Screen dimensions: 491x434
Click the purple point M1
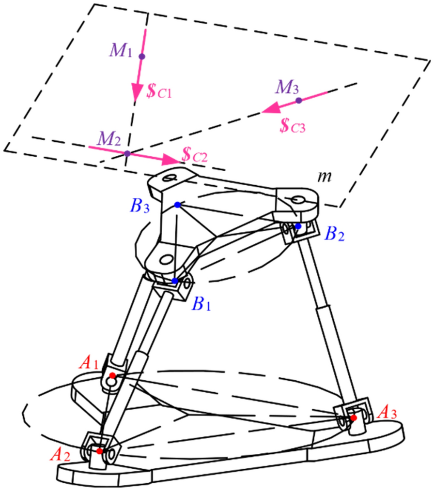coord(142,57)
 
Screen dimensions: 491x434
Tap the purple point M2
coord(127,153)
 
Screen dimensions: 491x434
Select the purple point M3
coord(299,100)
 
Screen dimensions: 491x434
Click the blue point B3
coord(178,205)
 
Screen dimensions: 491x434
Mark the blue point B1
coord(174,281)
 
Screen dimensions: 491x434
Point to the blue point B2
coord(298,226)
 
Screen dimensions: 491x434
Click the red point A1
coord(112,375)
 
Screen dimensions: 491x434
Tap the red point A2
coord(99,451)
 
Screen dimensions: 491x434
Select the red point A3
coord(354,417)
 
